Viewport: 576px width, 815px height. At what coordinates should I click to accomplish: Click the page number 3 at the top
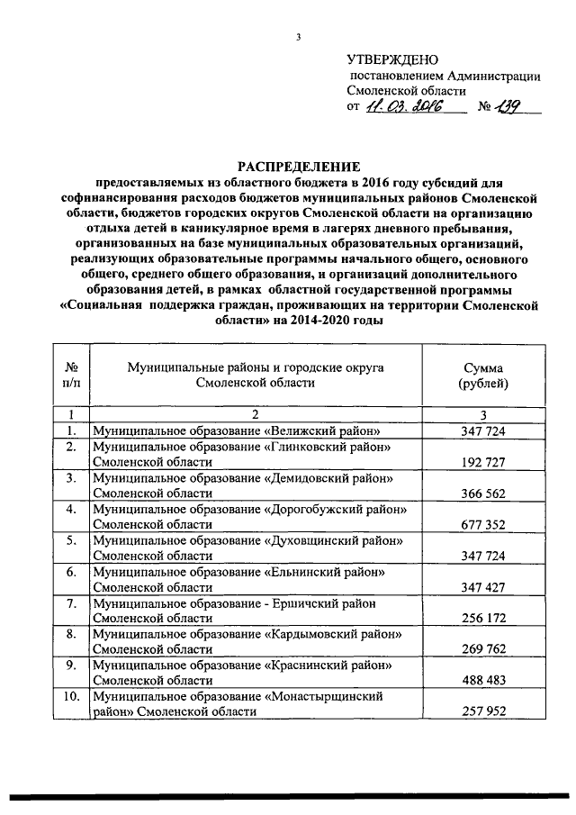click(x=297, y=37)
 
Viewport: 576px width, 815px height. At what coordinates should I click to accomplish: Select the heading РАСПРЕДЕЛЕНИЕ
click(x=297, y=167)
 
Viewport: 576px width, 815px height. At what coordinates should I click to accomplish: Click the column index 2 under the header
click(x=255, y=415)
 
